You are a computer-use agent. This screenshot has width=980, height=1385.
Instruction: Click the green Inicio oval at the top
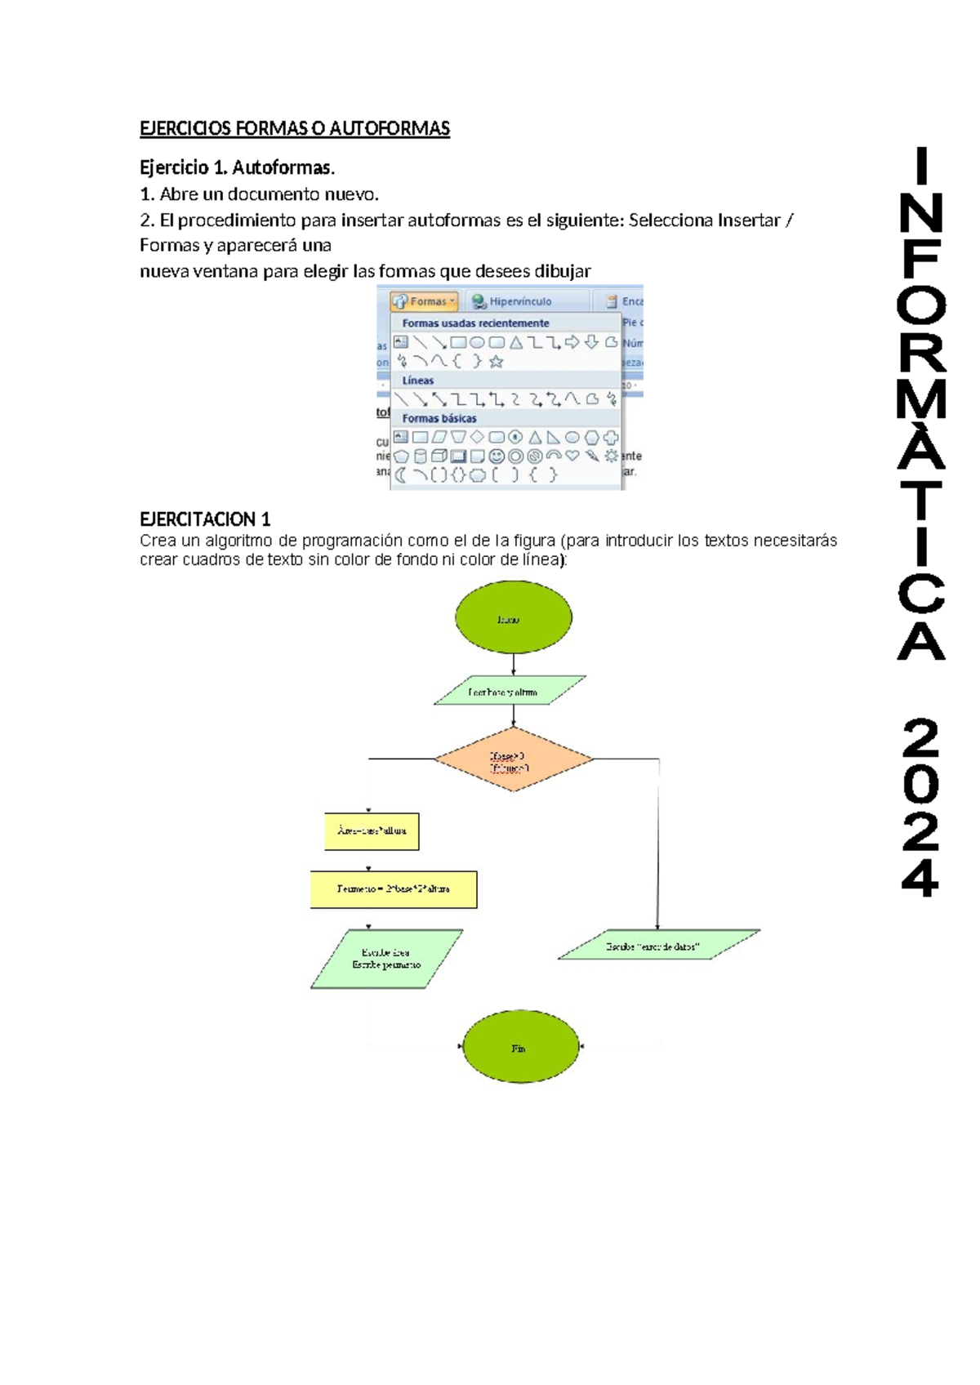513,617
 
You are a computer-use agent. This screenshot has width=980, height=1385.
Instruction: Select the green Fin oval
520,1047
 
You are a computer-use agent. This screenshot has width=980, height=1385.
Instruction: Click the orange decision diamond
514,759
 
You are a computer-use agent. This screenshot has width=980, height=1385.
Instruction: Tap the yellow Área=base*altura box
372,831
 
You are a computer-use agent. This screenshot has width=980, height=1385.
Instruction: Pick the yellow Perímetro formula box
394,889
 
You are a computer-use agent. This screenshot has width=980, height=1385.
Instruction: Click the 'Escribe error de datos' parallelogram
658,945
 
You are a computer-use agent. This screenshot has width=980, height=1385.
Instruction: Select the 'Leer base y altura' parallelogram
510,691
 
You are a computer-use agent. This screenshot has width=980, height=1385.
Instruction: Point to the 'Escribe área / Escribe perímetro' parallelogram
386,959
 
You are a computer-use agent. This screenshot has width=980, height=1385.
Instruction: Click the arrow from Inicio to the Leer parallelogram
514,664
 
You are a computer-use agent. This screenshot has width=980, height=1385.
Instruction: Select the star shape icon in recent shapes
496,361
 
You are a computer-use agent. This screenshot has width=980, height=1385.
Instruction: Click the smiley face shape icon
497,456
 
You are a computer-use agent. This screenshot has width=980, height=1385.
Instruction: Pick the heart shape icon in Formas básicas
572,455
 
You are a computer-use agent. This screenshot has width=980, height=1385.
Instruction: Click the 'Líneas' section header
418,381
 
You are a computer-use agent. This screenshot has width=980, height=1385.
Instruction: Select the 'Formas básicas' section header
439,418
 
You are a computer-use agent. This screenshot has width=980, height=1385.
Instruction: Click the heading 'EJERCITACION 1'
205,519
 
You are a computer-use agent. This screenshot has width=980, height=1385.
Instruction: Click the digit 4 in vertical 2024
920,879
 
